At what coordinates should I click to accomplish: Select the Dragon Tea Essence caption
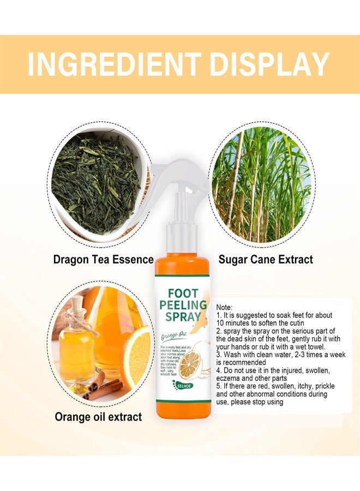coord(103,259)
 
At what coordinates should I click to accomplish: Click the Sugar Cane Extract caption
coord(266,259)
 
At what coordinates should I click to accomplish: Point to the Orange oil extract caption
coord(98,417)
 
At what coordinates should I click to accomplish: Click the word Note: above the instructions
coord(225,308)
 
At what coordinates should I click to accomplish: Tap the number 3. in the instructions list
coord(219,354)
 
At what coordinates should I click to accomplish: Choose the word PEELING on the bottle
coord(182,304)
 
